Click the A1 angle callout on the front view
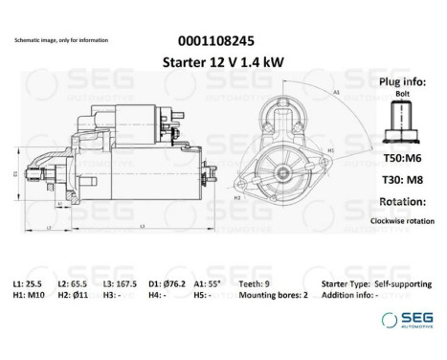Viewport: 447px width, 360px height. point(337,93)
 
